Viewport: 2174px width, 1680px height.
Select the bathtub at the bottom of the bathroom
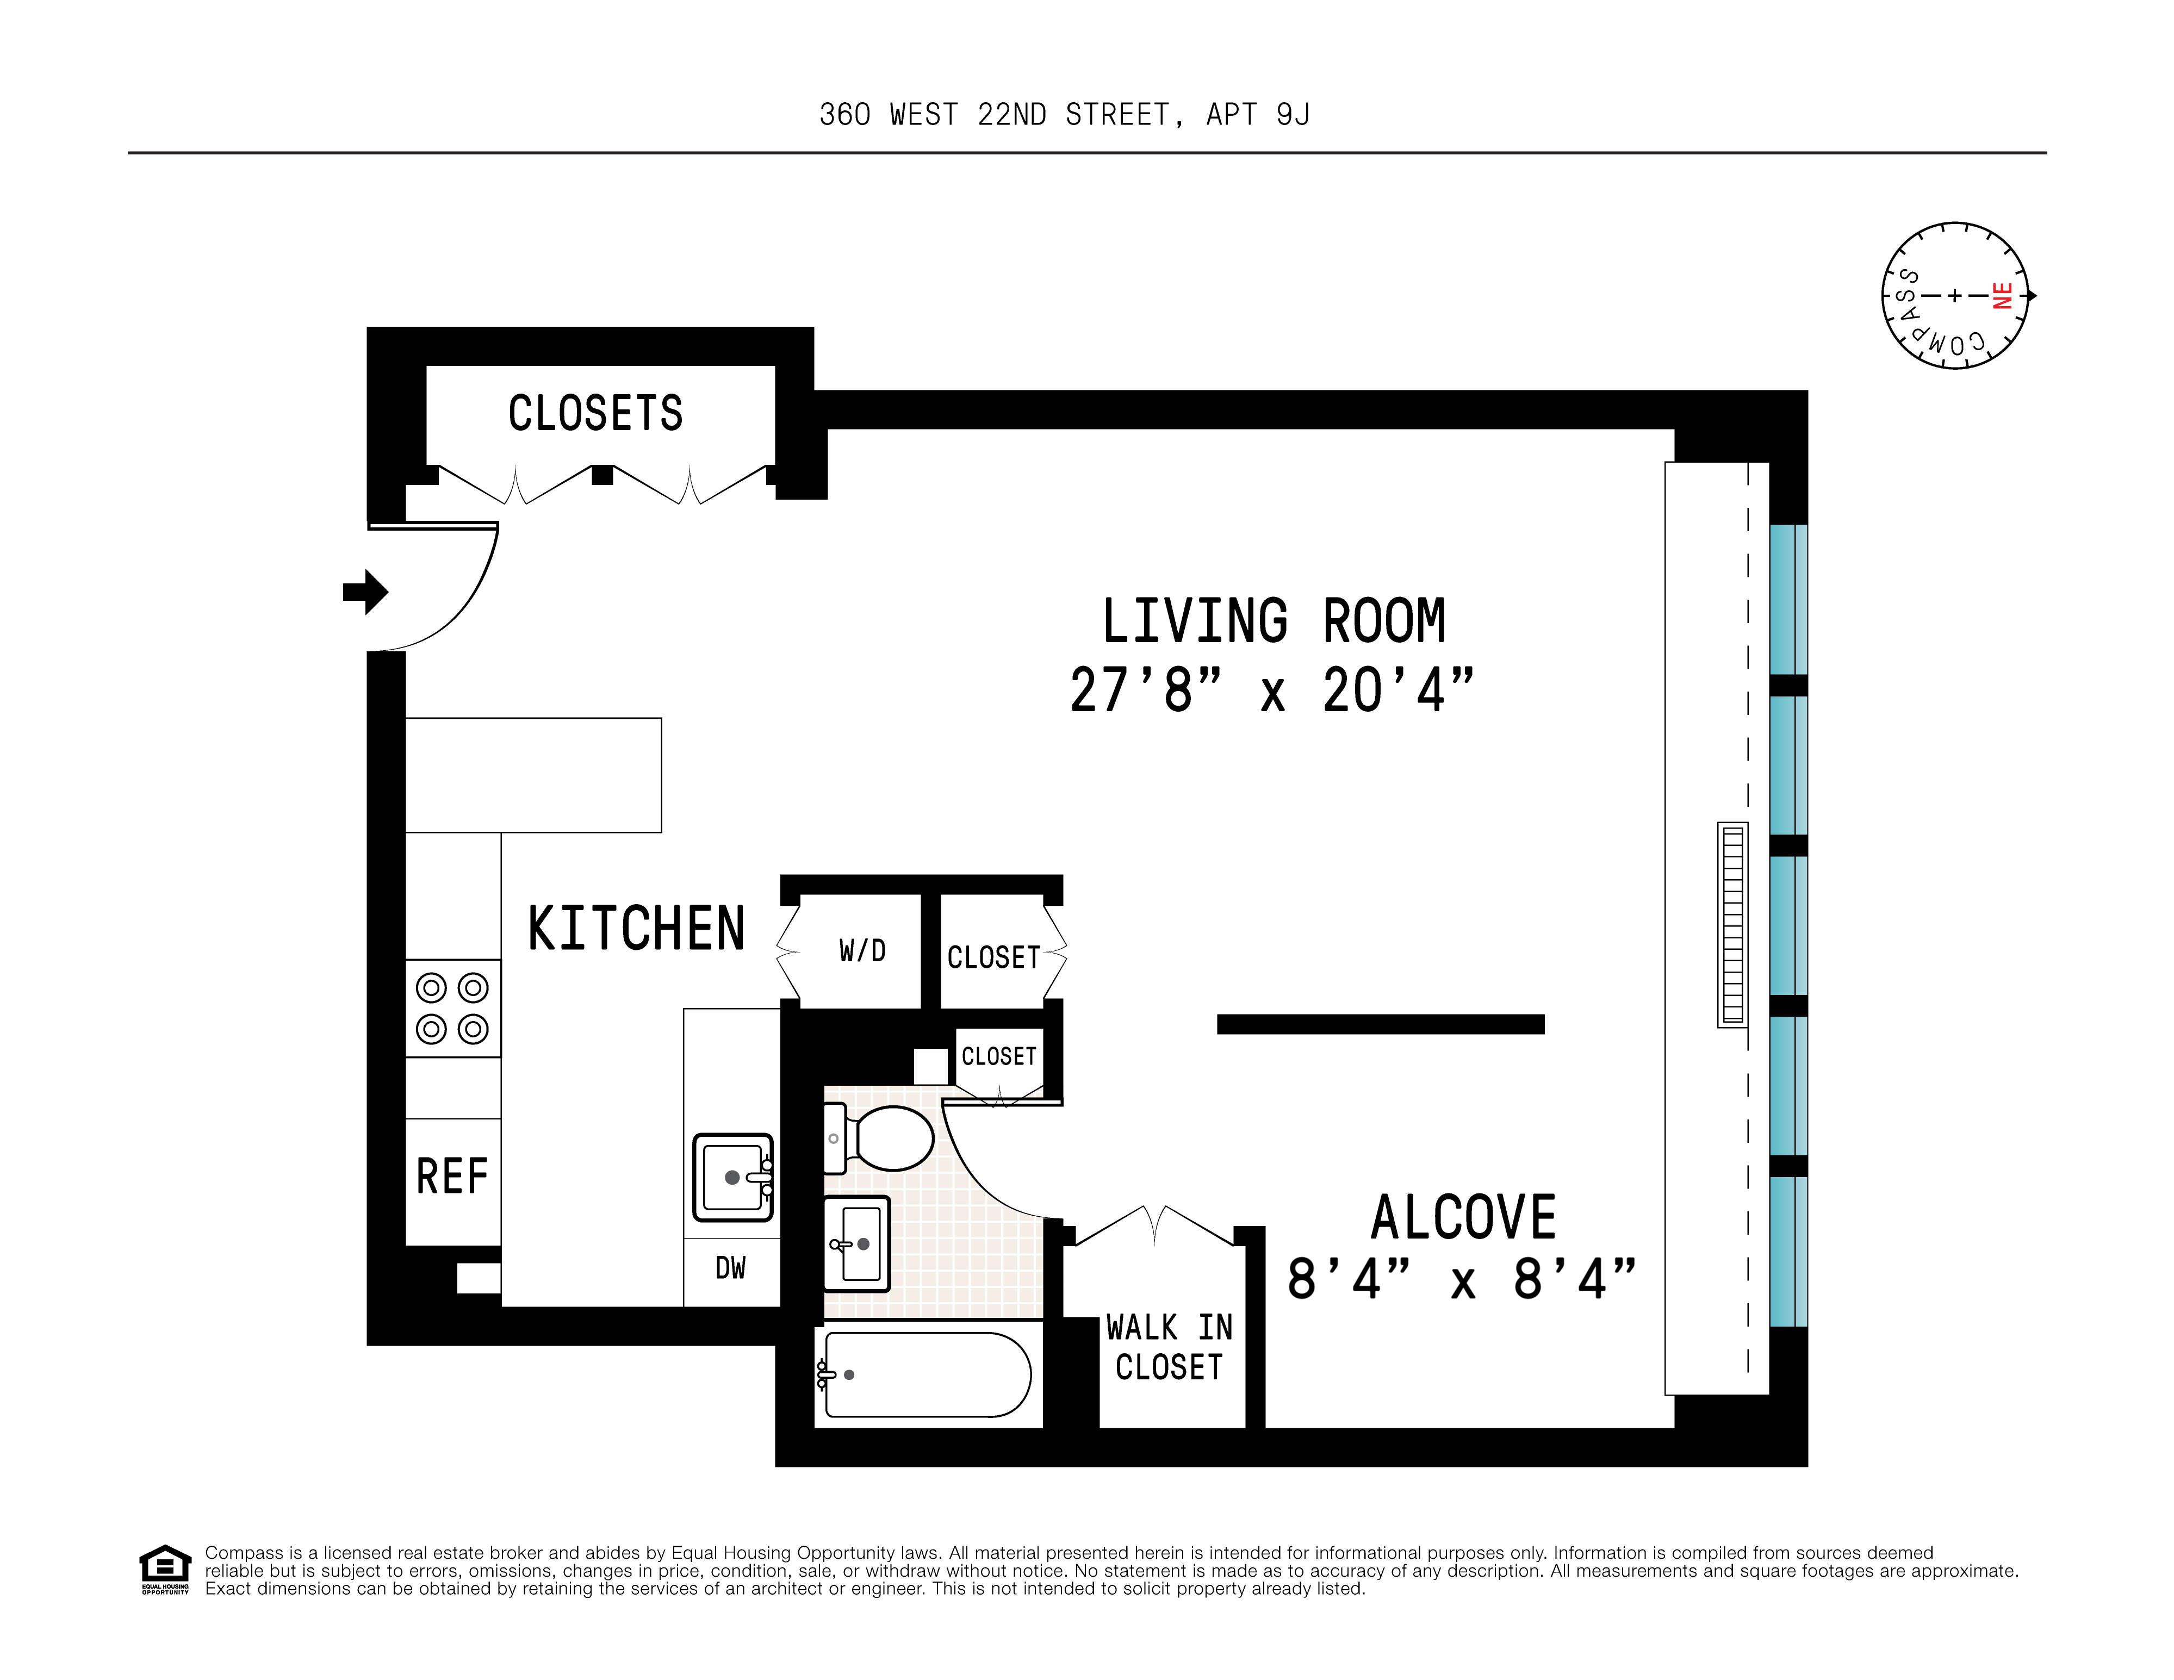coord(925,1374)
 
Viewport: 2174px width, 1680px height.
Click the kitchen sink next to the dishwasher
coord(732,1178)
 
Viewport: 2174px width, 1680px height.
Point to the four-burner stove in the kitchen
coord(452,1008)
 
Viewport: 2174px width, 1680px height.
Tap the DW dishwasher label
coord(731,1268)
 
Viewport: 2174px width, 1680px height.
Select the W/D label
coord(862,951)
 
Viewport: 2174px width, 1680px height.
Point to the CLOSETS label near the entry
coord(595,413)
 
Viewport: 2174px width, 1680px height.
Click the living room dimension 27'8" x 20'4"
coord(1271,690)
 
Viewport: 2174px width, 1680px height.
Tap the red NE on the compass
coord(2003,296)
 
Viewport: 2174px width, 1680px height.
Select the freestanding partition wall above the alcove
coord(1380,1024)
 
